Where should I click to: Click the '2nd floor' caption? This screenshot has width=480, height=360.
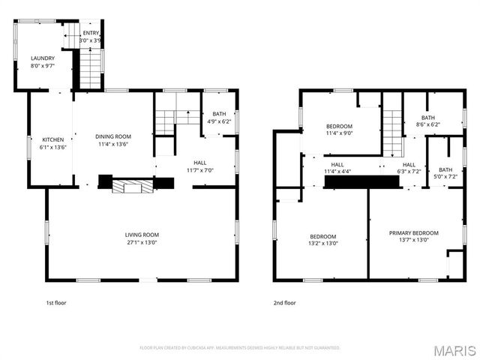point(284,303)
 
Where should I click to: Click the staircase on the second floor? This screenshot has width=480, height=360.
point(392,124)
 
